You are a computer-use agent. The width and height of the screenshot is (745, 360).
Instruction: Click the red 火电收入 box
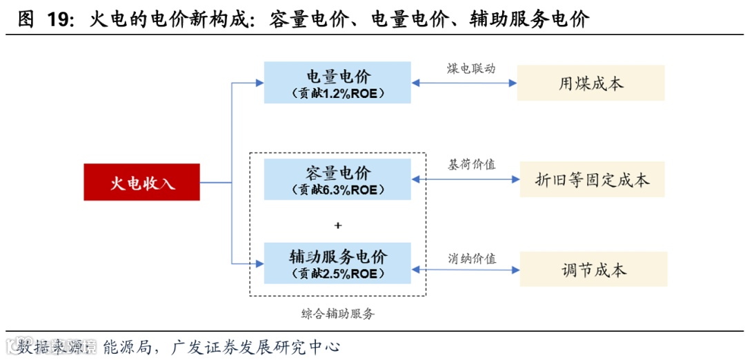click(x=142, y=182)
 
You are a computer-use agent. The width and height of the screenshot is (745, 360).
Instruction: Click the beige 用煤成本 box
click(x=590, y=83)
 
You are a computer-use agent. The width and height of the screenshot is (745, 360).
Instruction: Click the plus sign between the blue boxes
click(x=337, y=226)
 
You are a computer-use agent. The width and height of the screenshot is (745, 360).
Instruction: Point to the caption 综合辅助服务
click(x=338, y=314)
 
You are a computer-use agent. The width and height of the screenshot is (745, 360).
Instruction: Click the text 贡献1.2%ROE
click(x=338, y=94)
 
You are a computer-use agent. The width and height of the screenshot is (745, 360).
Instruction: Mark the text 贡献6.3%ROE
click(x=338, y=190)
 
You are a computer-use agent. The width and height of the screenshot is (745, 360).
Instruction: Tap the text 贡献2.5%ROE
click(x=338, y=274)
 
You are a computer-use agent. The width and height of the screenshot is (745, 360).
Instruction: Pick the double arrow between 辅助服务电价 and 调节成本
click(x=466, y=270)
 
